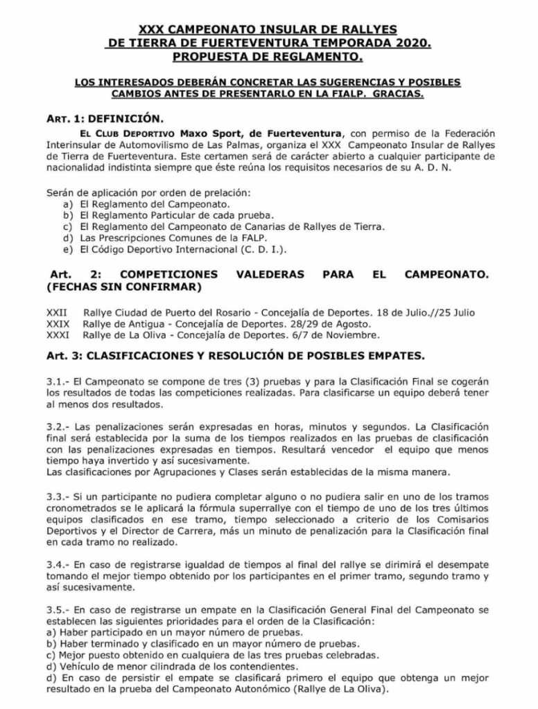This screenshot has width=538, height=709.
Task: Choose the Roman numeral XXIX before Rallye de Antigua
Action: [58, 324]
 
